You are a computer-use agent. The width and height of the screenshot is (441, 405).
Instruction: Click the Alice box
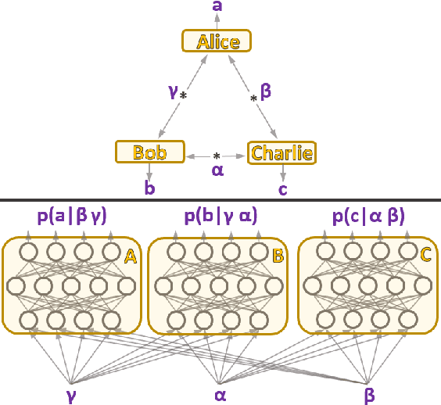pyautogui.click(x=217, y=41)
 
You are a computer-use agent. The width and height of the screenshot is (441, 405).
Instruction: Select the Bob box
pyautogui.click(x=149, y=152)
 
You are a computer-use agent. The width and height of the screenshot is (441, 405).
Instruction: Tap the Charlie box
pyautogui.click(x=282, y=152)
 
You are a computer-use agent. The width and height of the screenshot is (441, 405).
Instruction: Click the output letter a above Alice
pyautogui.click(x=217, y=8)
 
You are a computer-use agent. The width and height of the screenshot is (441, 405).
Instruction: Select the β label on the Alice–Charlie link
pyautogui.click(x=266, y=92)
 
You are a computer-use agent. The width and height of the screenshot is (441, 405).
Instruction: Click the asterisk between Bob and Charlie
pyautogui.click(x=217, y=156)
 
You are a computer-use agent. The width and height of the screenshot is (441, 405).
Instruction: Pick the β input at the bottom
pyautogui.click(x=369, y=392)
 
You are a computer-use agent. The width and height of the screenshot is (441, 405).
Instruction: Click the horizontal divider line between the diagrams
pyautogui.click(x=220, y=200)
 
